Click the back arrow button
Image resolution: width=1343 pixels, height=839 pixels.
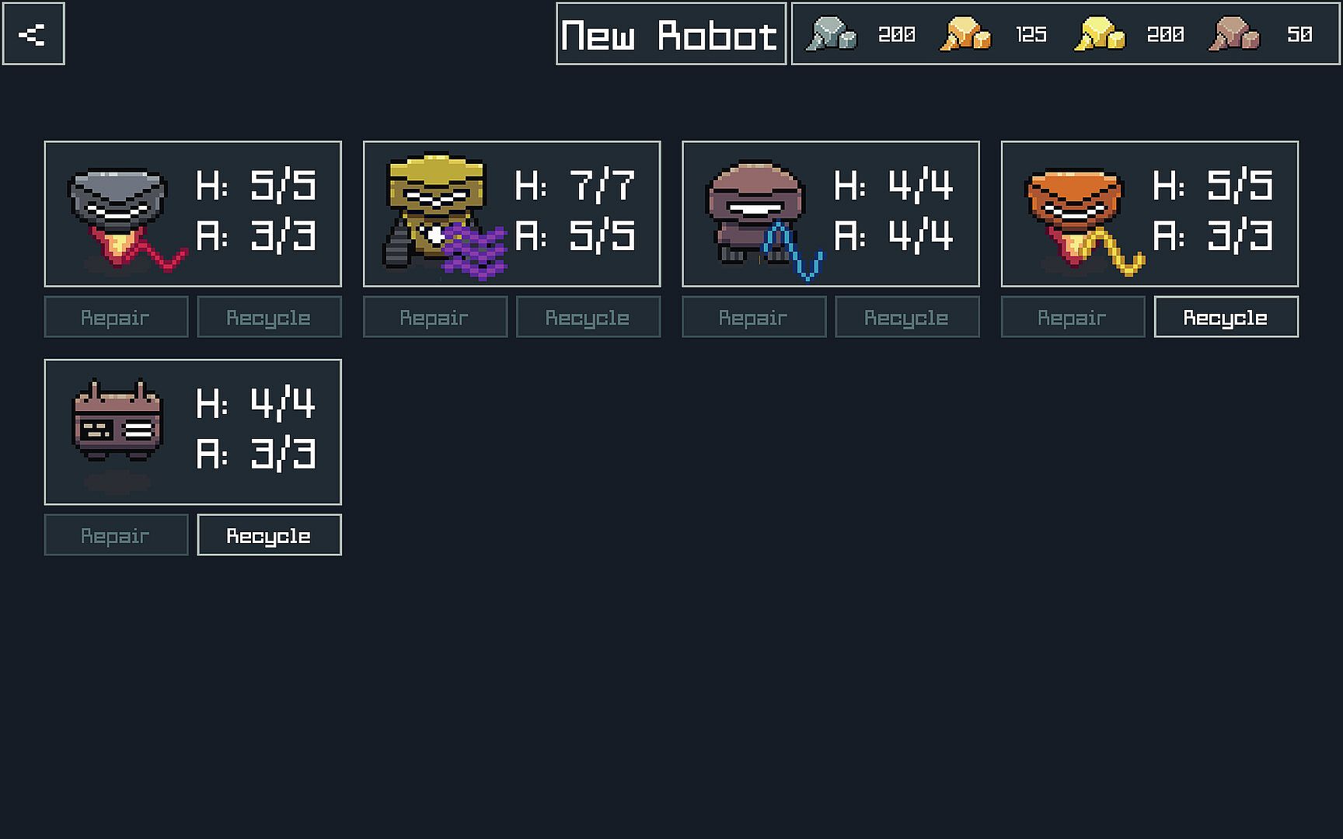(x=33, y=34)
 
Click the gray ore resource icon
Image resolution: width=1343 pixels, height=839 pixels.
(x=830, y=35)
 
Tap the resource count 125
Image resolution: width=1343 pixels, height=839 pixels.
(x=1031, y=35)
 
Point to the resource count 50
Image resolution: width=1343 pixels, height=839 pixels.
(x=1299, y=35)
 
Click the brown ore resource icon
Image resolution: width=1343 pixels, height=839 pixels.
(x=1233, y=35)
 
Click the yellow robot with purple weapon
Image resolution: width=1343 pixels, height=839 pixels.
(x=439, y=214)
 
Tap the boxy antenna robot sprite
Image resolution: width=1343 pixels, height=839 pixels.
(x=117, y=423)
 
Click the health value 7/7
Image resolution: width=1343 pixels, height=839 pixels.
(x=602, y=186)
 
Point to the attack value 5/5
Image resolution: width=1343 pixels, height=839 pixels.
(x=602, y=235)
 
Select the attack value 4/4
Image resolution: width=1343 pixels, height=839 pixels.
(x=920, y=235)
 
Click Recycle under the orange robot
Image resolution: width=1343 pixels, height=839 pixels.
(x=1226, y=317)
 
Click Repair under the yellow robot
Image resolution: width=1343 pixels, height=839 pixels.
(x=434, y=317)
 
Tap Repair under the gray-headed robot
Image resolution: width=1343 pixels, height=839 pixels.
(x=116, y=317)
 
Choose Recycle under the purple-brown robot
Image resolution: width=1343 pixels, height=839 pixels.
(x=906, y=317)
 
